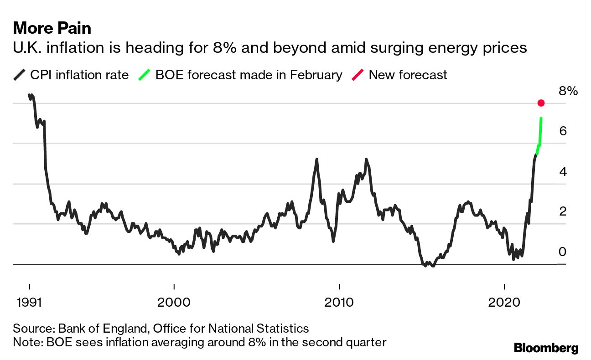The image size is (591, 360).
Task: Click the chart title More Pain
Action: click(x=52, y=28)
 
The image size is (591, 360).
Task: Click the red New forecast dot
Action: click(x=541, y=103)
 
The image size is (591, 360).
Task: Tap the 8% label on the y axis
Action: click(x=568, y=91)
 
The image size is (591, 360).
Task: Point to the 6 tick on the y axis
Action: click(x=563, y=131)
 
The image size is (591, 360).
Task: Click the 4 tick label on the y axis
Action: click(x=563, y=172)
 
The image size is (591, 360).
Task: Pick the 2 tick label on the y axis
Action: click(x=563, y=211)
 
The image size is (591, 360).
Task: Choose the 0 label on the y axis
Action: click(x=563, y=252)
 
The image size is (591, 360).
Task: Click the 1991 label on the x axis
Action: click(x=29, y=303)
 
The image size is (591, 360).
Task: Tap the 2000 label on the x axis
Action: click(x=174, y=303)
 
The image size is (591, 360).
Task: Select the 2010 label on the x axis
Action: click(x=339, y=303)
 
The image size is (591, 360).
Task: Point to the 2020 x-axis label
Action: click(x=504, y=303)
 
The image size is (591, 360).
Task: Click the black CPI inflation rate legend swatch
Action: click(x=20, y=75)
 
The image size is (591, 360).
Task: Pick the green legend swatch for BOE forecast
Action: click(x=144, y=75)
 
